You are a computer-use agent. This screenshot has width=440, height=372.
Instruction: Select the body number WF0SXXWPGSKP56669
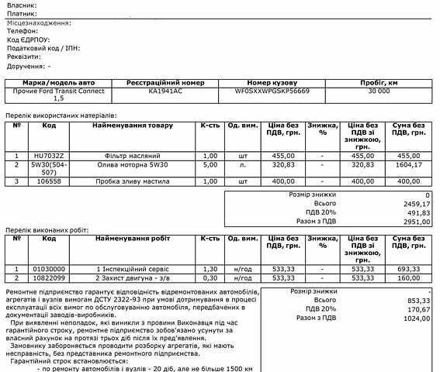click(277, 91)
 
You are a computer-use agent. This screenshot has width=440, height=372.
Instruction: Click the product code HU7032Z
click(49, 155)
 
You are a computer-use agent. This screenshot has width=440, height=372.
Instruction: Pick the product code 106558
click(49, 181)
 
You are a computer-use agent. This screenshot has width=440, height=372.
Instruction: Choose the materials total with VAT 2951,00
click(416, 221)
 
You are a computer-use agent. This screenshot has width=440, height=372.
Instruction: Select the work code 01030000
click(49, 267)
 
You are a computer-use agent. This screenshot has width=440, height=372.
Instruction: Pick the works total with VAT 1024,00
click(416, 318)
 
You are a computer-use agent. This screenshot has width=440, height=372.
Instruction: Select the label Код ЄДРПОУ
click(28, 39)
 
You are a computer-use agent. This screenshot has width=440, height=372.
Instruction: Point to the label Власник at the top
click(21, 5)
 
